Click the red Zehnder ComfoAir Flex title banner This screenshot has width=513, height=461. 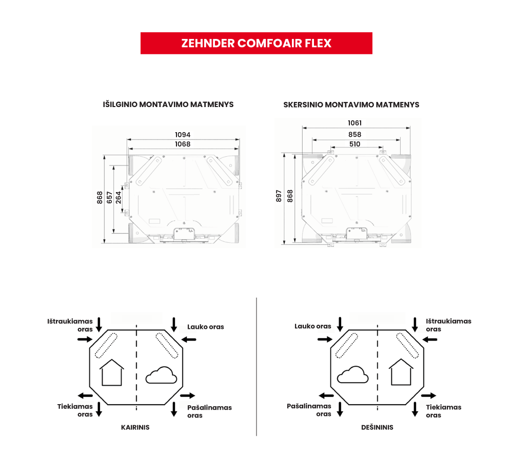(256, 43)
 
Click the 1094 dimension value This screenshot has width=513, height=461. (183, 135)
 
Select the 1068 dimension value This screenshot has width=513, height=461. (183, 144)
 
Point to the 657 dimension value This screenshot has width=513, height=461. (110, 197)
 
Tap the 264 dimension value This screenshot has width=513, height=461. (119, 197)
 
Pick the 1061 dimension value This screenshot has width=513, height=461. (354, 123)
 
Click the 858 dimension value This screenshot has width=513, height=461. (354, 134)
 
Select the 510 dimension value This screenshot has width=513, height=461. (354, 144)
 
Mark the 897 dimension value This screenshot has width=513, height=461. (279, 196)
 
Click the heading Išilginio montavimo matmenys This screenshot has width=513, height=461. (168, 104)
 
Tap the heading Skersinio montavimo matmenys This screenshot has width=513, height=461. (351, 104)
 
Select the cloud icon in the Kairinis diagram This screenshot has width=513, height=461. (162, 376)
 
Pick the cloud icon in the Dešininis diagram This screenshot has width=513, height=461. (352, 375)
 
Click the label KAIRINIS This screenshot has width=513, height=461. (135, 427)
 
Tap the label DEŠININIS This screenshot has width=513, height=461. (377, 427)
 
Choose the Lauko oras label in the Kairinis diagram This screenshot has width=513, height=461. (205, 327)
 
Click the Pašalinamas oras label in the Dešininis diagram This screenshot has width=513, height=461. (309, 410)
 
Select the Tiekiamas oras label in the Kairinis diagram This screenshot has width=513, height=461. (75, 410)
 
